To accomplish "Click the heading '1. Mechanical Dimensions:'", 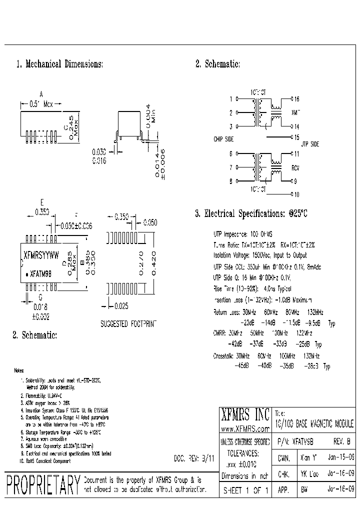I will (59, 64).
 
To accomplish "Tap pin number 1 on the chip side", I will (230, 99).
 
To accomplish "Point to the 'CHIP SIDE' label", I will (223, 139).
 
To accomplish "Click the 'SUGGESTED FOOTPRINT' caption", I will (128, 323).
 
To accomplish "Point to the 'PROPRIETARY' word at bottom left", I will (43, 485).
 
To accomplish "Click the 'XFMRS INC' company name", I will (245, 414).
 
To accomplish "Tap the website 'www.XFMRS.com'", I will (245, 429).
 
